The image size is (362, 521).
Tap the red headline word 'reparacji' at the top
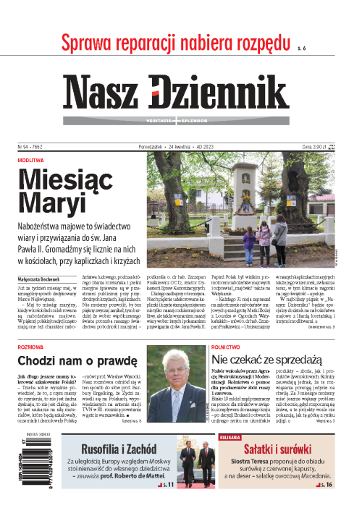[156, 45]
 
